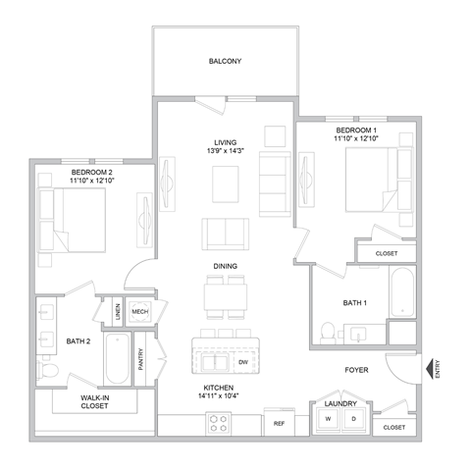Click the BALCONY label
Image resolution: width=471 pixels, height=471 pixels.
pyautogui.click(x=225, y=61)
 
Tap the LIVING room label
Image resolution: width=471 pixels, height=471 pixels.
pyautogui.click(x=225, y=141)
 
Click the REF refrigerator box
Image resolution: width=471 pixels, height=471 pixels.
pyautogui.click(x=279, y=424)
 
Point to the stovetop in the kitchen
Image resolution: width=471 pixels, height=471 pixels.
pyautogui.click(x=217, y=425)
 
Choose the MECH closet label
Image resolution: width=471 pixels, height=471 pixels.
pyautogui.click(x=139, y=312)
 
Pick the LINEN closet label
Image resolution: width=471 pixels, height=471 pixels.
pyautogui.click(x=117, y=312)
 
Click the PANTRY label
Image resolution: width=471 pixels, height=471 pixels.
pyautogui.click(x=142, y=360)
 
